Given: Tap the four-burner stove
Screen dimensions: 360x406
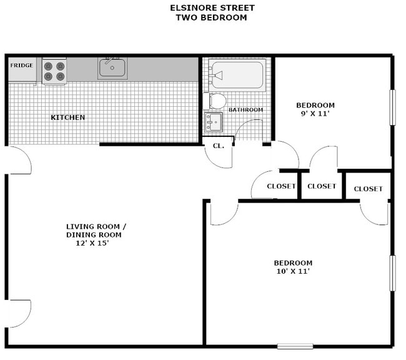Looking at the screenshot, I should [x=54, y=71].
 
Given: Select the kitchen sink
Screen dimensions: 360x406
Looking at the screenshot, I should [x=112, y=67].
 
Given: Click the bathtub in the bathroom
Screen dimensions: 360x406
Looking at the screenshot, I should [x=236, y=76].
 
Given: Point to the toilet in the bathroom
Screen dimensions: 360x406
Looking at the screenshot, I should [x=215, y=101].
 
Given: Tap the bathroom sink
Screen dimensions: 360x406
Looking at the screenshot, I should [x=214, y=122].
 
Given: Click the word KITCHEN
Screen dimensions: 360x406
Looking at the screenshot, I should [x=67, y=117].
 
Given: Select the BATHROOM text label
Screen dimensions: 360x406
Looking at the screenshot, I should [x=245, y=110].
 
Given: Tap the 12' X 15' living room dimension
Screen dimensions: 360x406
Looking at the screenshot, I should [x=92, y=244].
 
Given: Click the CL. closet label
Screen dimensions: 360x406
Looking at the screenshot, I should [x=218, y=146].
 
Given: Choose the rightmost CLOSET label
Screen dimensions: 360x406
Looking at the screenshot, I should [x=369, y=189].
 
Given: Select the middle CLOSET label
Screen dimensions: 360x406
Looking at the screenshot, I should [x=322, y=186].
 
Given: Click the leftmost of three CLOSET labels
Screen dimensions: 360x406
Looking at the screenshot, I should [x=281, y=186].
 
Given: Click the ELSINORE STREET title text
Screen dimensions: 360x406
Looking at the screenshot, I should [x=212, y=8].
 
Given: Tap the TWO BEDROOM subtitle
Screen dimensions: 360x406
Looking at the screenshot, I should [x=212, y=17].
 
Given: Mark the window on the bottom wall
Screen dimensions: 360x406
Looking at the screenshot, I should [x=295, y=346].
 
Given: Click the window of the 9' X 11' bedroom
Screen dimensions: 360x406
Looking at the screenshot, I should [x=393, y=107].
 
